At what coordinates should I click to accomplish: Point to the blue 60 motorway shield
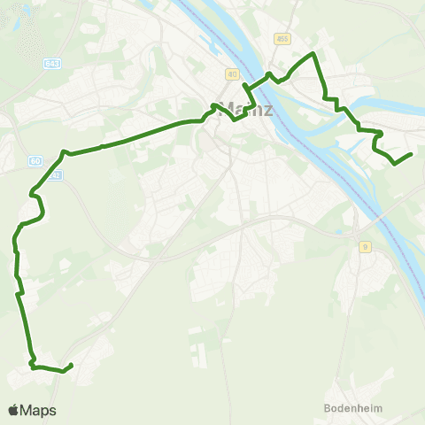coord(35,160)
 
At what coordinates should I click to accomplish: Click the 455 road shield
coord(282,38)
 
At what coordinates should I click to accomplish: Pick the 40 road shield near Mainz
coord(231,73)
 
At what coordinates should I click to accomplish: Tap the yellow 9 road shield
coord(363,248)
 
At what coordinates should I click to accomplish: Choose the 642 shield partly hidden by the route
coord(55,175)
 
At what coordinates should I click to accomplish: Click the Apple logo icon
coord(13,411)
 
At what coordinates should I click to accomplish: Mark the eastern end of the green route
coord(412,155)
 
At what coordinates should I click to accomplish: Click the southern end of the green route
coord(70,365)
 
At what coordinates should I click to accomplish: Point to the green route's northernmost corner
coord(313,54)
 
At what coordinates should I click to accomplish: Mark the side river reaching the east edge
coord(407,111)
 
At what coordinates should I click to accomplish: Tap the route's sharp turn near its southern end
coord(31,363)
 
